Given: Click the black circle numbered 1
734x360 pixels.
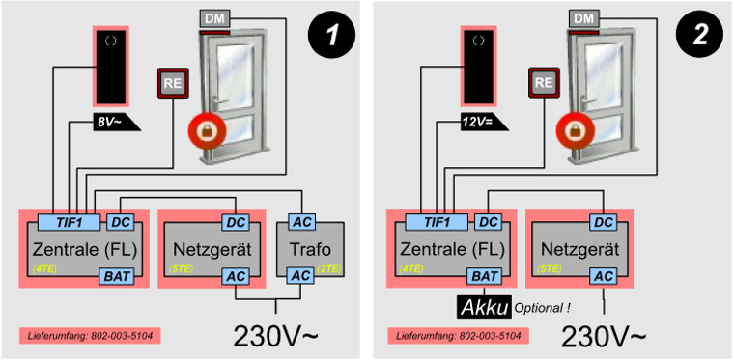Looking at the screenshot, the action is pos(331,36).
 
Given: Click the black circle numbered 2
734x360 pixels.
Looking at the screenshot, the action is pos(699,36).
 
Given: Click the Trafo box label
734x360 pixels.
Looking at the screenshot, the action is pos(310,249).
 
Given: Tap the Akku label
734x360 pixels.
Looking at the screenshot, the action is pos(484,307).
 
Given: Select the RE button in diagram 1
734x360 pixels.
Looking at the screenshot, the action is pos(173,83).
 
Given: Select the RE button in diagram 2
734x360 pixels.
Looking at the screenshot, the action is pos(544,83).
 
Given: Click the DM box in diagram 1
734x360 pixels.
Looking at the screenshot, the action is pos(215,18).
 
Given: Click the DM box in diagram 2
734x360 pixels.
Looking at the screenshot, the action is pos(583,18).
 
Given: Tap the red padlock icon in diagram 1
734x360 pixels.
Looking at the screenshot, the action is pos(206,130).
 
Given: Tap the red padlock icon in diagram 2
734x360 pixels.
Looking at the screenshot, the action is pos(575,130).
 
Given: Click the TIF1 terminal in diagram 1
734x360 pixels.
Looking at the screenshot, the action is pos(69,223).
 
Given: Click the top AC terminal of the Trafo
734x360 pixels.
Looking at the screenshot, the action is pos(301,223).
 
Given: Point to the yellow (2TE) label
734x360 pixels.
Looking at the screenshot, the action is pos(330,269).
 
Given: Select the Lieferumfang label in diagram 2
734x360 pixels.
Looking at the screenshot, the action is pos(459,336).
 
